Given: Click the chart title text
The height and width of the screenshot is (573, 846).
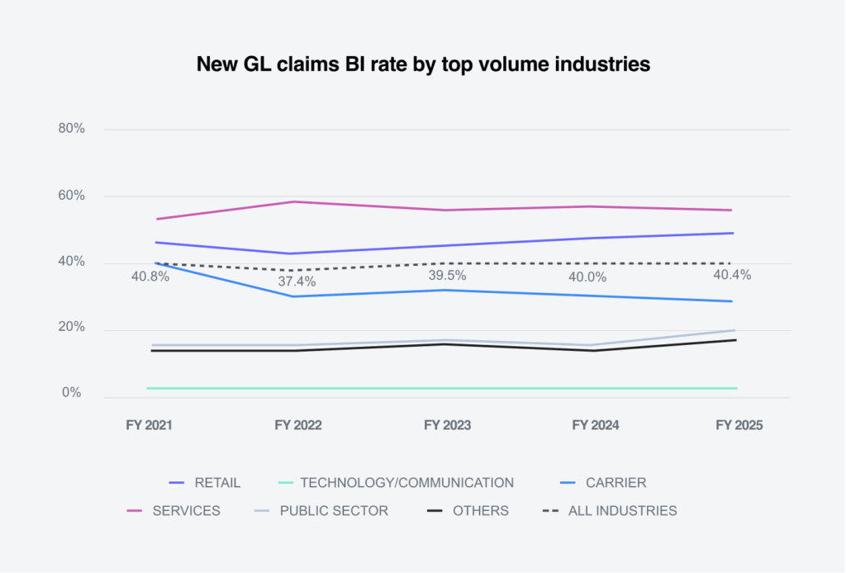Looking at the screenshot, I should coord(423,64).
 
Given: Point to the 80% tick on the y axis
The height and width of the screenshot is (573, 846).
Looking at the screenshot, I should coord(70,129).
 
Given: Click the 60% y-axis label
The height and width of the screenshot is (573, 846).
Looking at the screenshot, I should coord(70,196).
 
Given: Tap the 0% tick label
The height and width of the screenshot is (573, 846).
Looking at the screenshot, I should coord(74,393).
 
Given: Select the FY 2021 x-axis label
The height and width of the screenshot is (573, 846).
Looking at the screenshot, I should coord(150,425).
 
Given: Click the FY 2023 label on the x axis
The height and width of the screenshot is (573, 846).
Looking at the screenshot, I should coord(447,425).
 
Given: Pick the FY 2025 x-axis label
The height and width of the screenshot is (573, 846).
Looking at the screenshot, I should coord(739,425).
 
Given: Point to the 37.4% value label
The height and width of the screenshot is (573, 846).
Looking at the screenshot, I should coord(297,282).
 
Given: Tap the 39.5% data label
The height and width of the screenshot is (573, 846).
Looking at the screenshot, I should coord(447,276).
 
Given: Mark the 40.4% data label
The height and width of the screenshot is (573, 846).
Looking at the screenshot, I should coord(731,276).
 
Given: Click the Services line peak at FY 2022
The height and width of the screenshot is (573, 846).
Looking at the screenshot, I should coord(297,201).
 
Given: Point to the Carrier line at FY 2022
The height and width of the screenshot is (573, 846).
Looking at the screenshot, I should coord(297,296).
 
